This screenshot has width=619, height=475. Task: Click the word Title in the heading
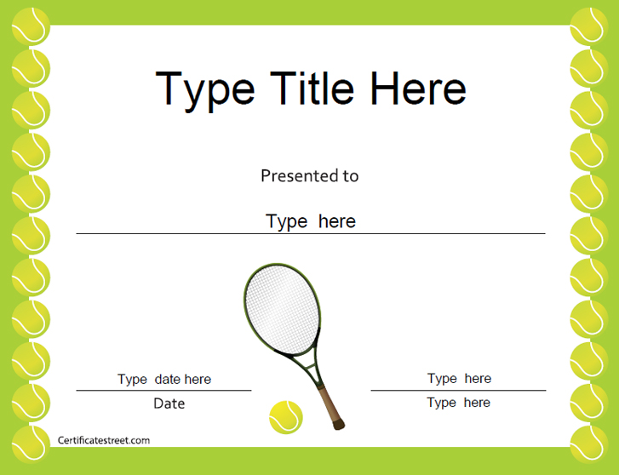coord(312,89)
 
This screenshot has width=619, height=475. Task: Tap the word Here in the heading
coord(418,89)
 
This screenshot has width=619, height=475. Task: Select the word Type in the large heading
coord(205,92)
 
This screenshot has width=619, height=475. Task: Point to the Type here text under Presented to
coord(310,221)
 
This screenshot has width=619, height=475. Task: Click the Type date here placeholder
coord(164,380)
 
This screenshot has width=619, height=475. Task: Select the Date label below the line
coord(169,403)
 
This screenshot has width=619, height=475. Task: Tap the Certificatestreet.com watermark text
coord(104,440)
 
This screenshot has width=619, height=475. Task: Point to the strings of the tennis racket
coord(282,309)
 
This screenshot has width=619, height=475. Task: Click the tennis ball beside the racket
coord(286,417)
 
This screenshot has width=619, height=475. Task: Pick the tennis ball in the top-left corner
coord(31,26)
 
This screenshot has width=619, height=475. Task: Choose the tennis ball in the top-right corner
coord(589,26)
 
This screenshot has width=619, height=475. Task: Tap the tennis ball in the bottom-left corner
coord(31,444)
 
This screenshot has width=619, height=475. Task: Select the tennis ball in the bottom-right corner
coord(589,444)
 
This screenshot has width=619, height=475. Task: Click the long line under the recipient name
coord(311,234)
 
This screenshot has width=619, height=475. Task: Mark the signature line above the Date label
coord(163,391)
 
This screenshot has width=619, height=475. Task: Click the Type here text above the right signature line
coord(459,379)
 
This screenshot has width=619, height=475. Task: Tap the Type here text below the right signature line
coord(458,403)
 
